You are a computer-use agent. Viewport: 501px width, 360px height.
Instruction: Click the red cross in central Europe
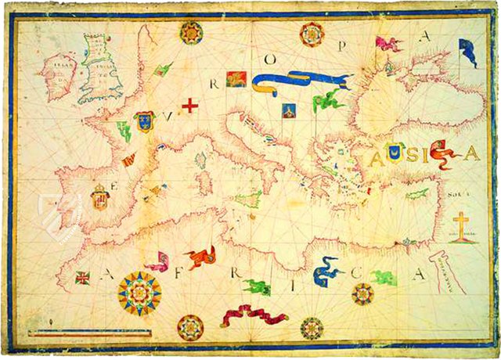(189, 105)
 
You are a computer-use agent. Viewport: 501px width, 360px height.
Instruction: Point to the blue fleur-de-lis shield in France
(143, 121)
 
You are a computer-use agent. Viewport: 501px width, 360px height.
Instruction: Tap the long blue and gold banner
(301, 81)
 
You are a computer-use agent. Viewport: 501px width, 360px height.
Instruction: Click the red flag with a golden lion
(237, 77)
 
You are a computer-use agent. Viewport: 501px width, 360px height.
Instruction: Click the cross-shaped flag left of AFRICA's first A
(82, 277)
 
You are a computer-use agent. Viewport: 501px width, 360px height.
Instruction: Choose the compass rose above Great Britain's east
(190, 32)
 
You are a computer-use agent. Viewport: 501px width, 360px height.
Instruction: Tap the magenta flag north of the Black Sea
(388, 44)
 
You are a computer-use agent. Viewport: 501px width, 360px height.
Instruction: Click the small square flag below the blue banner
(288, 110)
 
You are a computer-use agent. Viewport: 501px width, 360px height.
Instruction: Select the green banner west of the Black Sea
(329, 99)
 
